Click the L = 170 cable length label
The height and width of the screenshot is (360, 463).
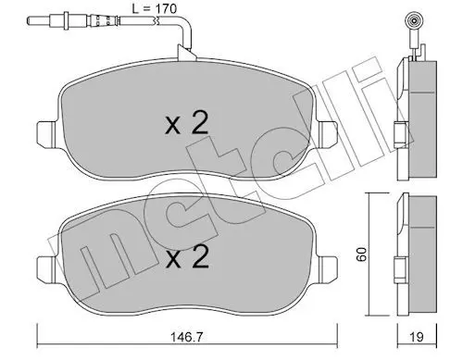[155, 8]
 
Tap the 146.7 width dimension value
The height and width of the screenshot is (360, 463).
[187, 337]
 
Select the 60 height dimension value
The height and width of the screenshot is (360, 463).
[361, 254]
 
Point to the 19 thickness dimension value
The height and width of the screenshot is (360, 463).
[417, 337]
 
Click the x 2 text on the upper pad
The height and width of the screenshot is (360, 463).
[187, 123]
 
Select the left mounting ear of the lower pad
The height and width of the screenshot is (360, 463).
[47, 267]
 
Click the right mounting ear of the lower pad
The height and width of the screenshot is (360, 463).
[328, 267]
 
